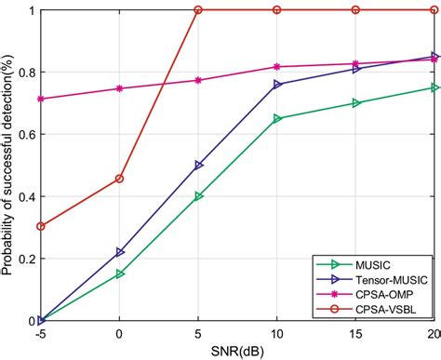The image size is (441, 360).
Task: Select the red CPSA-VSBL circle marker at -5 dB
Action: [40, 226]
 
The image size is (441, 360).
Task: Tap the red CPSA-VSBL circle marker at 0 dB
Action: [119, 179]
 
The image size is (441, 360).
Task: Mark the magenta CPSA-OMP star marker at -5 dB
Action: [40, 99]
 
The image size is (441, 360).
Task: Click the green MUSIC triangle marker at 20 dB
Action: [434, 87]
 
